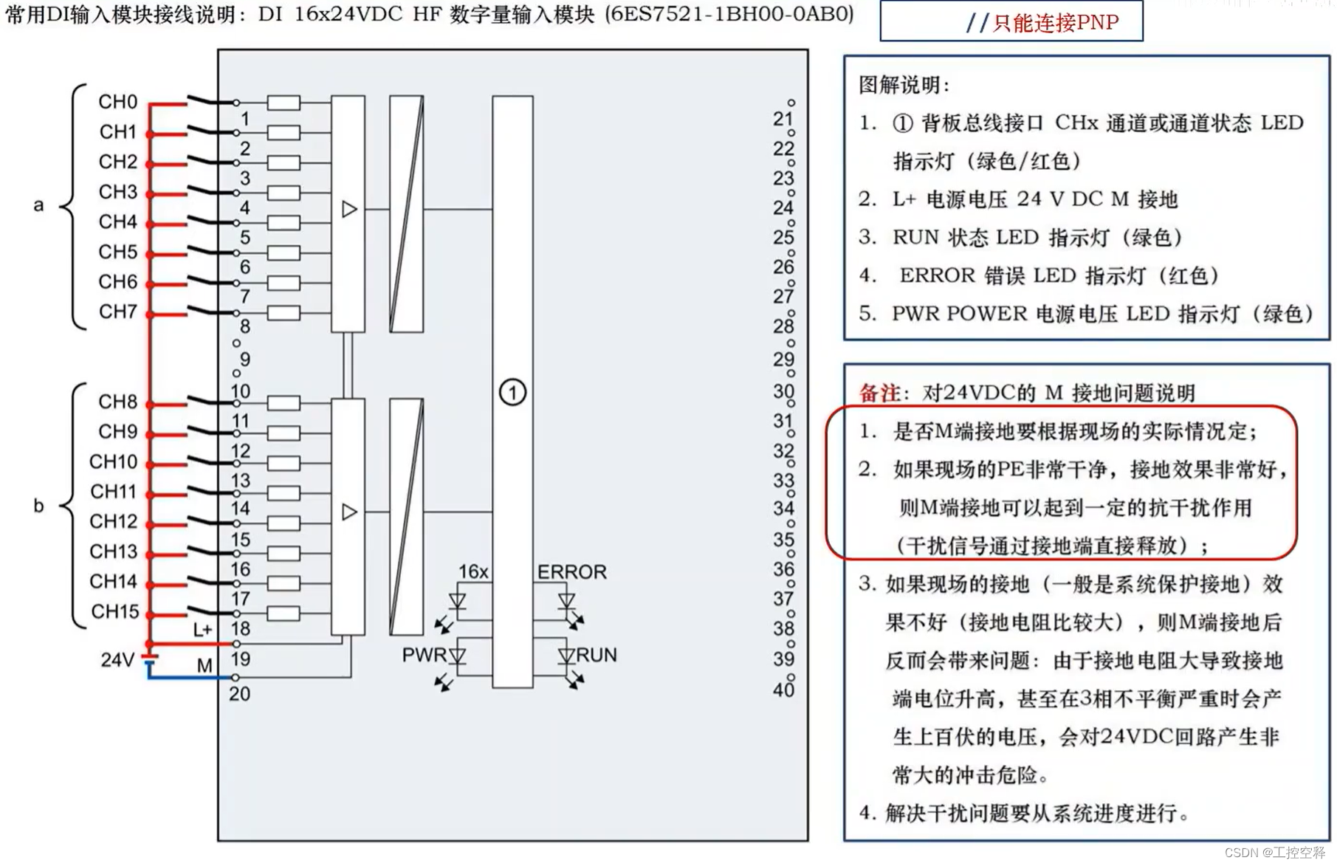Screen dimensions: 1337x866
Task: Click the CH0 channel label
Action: pyautogui.click(x=118, y=102)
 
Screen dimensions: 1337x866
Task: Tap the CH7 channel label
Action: pyautogui.click(x=118, y=312)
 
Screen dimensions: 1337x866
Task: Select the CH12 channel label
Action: pyautogui.click(x=114, y=522)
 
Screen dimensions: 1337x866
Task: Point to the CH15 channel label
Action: pyautogui.click(x=115, y=612)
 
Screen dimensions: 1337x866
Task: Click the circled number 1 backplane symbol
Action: pyautogui.click(x=513, y=392)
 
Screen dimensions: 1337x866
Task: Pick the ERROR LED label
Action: pyautogui.click(x=572, y=572)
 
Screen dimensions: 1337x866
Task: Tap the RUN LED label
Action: pyautogui.click(x=597, y=655)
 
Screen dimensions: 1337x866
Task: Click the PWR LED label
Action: pyautogui.click(x=423, y=655)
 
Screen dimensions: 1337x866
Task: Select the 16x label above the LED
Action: pyautogui.click(x=473, y=572)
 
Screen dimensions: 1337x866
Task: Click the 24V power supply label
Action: pyautogui.click(x=117, y=660)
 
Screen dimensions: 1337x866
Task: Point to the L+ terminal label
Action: pyautogui.click(x=203, y=630)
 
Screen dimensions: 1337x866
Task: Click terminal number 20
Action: pyautogui.click(x=240, y=694)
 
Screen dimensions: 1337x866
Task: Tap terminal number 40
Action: pyautogui.click(x=783, y=690)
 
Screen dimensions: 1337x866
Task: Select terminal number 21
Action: pyautogui.click(x=783, y=119)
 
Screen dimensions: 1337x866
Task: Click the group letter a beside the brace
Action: pyautogui.click(x=38, y=205)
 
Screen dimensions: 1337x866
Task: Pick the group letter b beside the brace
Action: pyautogui.click(x=38, y=506)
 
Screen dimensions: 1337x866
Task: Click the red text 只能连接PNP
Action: pyautogui.click(x=1056, y=23)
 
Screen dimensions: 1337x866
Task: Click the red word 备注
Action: pyautogui.click(x=879, y=393)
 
